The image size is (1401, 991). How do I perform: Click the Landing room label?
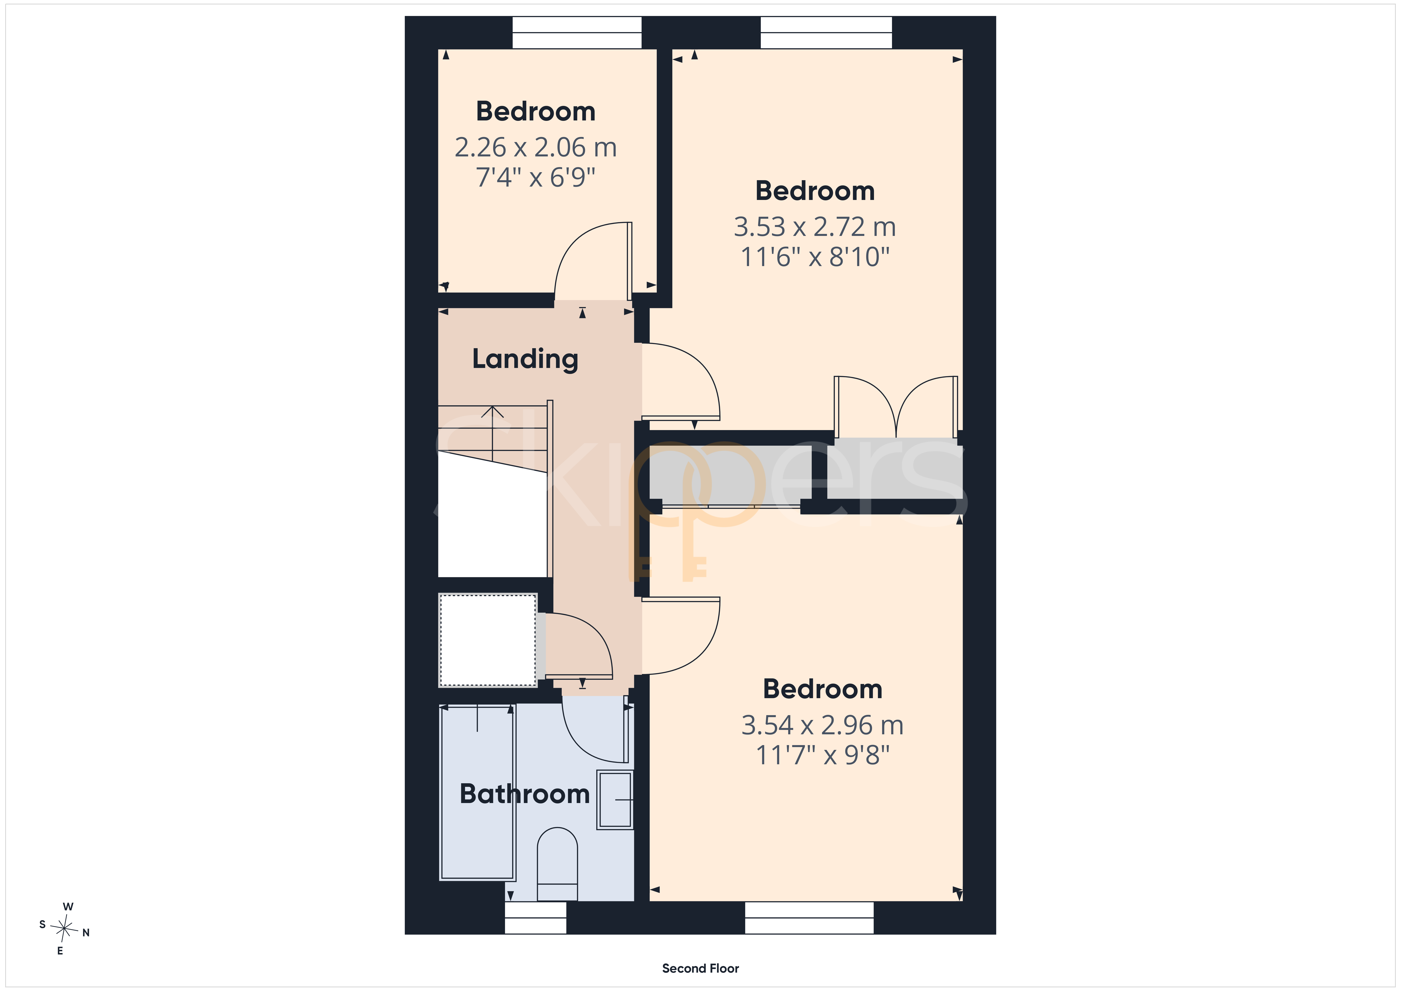coord(525,359)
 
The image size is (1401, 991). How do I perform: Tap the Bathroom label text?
coord(525,794)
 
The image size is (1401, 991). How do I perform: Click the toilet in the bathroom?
coord(557,864)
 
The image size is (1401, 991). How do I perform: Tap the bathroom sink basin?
coord(615,799)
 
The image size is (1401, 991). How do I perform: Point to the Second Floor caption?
coord(700,968)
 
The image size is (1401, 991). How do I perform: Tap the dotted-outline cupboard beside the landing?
coord(488,640)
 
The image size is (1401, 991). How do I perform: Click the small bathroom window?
coord(536,918)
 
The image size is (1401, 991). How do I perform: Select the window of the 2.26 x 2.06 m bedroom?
coord(577,32)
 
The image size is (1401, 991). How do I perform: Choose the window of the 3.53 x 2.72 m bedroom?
coord(826,32)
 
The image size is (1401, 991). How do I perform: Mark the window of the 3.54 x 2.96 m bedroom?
coord(809,918)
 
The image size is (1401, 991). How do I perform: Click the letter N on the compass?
coord(86,933)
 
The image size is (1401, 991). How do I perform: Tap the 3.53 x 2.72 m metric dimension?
coord(815,227)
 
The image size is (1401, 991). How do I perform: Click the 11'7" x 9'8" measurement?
coord(823,755)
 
